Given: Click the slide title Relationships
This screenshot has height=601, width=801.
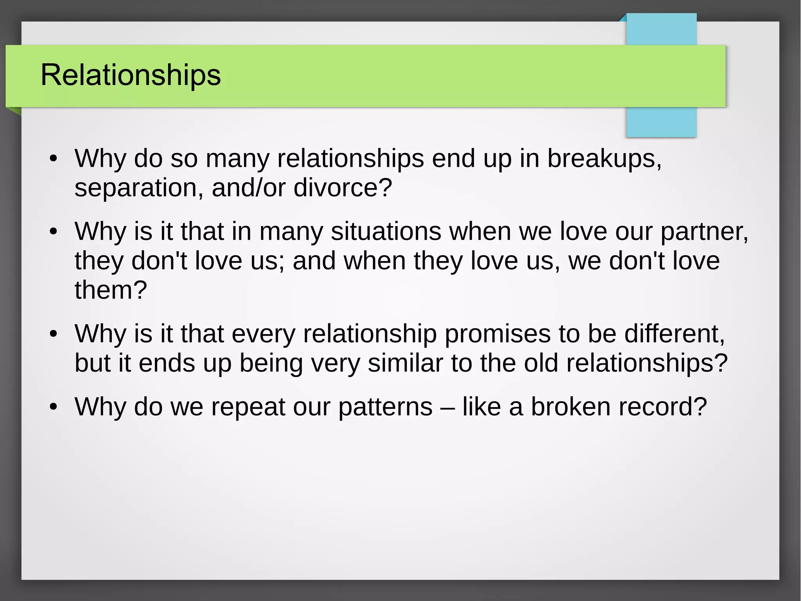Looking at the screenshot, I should (131, 75).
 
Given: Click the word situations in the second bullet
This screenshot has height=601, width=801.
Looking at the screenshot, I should (386, 232).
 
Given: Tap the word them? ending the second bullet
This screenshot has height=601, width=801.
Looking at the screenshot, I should (111, 290).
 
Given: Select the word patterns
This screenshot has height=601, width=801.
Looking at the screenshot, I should (385, 408).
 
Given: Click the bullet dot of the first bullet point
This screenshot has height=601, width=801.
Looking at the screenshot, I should (54, 159).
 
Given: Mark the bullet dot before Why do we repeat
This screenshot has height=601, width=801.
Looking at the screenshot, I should (54, 407).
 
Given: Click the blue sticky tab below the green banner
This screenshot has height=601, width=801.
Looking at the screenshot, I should (661, 122).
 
